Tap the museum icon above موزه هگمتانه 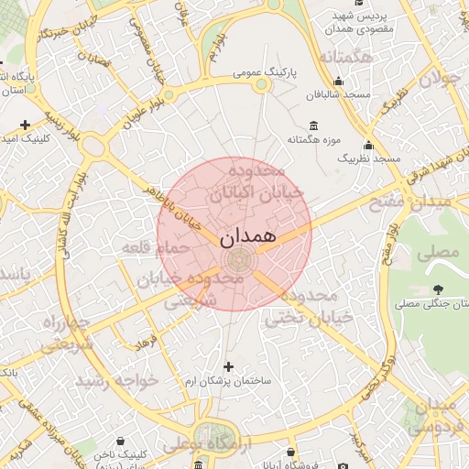pos(314,125)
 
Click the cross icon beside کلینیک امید pos(25,125)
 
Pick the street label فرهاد pos(146,343)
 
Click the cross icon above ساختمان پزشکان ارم pos(228,366)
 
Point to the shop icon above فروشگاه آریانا pos(290,453)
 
